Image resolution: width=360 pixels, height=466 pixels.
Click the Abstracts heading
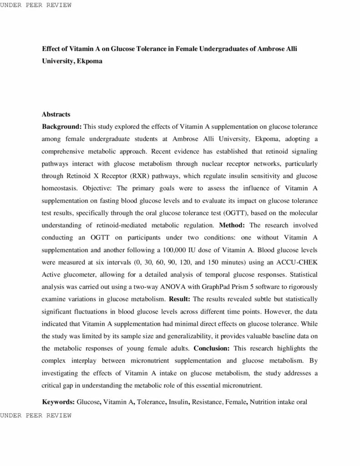click(x=56, y=114)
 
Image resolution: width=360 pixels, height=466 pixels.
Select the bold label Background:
click(x=62, y=126)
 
